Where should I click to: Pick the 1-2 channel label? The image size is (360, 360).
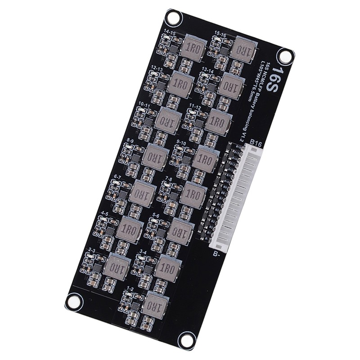(x=130, y=288)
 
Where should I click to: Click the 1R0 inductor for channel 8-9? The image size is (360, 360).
(x=156, y=157)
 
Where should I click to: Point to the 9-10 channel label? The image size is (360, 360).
(x=182, y=143)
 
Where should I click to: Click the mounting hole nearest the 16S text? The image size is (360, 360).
(x=285, y=57)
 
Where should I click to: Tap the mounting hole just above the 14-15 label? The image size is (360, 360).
(x=173, y=18)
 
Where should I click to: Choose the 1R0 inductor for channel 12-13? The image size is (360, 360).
(x=181, y=84)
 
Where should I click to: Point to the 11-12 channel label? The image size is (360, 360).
(x=194, y=106)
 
